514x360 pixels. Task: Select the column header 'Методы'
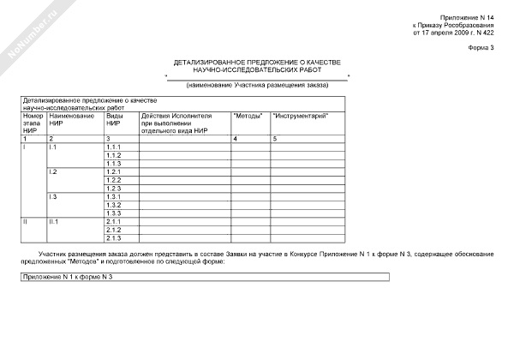tap(248, 115)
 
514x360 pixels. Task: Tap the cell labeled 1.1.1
tap(114, 147)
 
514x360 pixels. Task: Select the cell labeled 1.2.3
tap(114, 189)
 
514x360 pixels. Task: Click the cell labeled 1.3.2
tap(114, 205)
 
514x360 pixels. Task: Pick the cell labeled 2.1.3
tap(114, 237)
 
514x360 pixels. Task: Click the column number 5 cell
tap(275, 138)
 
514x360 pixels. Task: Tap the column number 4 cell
tap(236, 138)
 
